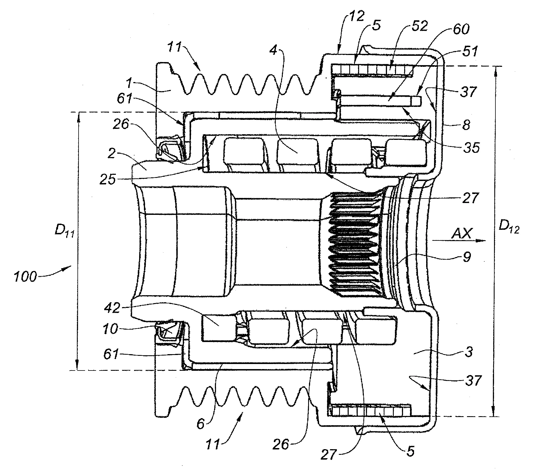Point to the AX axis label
(x=461, y=234)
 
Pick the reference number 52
(x=419, y=26)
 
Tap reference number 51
(x=470, y=52)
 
